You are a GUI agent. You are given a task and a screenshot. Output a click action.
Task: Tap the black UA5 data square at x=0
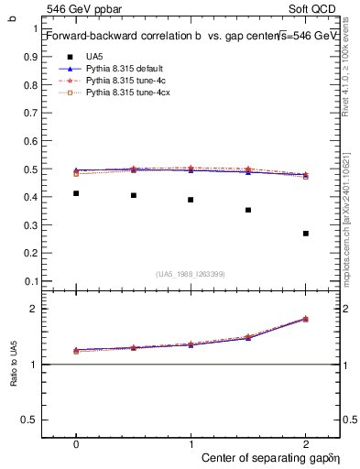point(76,193)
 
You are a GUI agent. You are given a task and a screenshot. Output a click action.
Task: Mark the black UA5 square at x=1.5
point(248,210)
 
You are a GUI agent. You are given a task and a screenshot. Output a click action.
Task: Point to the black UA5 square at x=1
point(191,200)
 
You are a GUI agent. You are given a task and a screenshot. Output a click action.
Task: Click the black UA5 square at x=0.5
point(134,195)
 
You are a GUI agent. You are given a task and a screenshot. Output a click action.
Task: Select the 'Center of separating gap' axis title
point(270,455)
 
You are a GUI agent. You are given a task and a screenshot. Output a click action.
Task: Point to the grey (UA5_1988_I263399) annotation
point(191,273)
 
